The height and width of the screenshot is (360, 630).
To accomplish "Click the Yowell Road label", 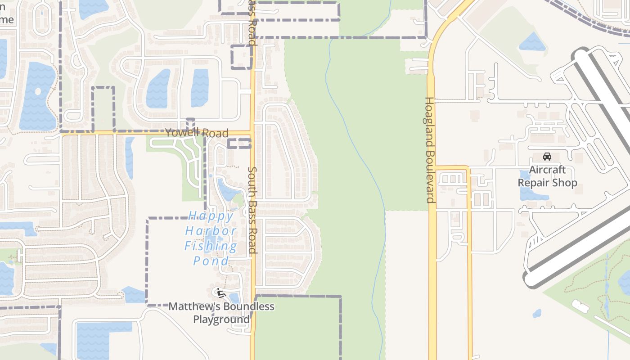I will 197,133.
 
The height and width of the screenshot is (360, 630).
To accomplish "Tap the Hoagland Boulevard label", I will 430,150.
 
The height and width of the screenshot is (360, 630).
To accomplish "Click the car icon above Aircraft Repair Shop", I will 547,157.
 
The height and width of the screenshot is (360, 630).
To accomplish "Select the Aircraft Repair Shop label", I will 547,176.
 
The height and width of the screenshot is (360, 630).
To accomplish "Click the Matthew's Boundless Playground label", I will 221,313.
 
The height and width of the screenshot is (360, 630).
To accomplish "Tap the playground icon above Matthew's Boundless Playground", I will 220,293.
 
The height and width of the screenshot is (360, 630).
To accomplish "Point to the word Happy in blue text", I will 211,217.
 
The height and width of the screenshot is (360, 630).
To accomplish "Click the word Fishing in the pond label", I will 211,246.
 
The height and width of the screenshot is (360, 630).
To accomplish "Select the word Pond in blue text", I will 211,261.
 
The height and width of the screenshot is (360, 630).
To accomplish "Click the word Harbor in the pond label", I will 211,231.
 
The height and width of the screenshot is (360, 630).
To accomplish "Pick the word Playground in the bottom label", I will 221,319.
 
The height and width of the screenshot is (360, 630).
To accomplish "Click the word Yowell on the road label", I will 182,133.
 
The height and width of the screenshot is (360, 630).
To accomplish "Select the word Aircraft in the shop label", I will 547,170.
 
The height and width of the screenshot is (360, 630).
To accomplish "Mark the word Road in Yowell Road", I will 215,133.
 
